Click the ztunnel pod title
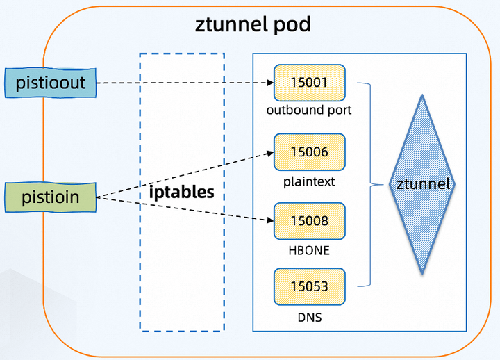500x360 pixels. tap(253, 26)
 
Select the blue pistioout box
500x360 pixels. tap(50, 83)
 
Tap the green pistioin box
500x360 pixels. tap(50, 197)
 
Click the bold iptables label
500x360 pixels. tap(182, 192)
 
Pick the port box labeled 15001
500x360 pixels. tap(310, 83)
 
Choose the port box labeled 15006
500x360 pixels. tap(310, 152)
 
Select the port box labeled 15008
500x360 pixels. tap(310, 221)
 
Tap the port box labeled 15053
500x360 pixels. tap(310, 286)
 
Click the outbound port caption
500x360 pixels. tap(310, 110)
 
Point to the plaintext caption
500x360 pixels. tap(310, 181)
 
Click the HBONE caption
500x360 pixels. tap(310, 250)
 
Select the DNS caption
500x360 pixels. tap(310, 318)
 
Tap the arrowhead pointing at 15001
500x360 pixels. tap(271, 83)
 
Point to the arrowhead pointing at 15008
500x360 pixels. tap(271, 221)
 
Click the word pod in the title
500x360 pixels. tap(292, 26)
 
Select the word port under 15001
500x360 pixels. tap(339, 110)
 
